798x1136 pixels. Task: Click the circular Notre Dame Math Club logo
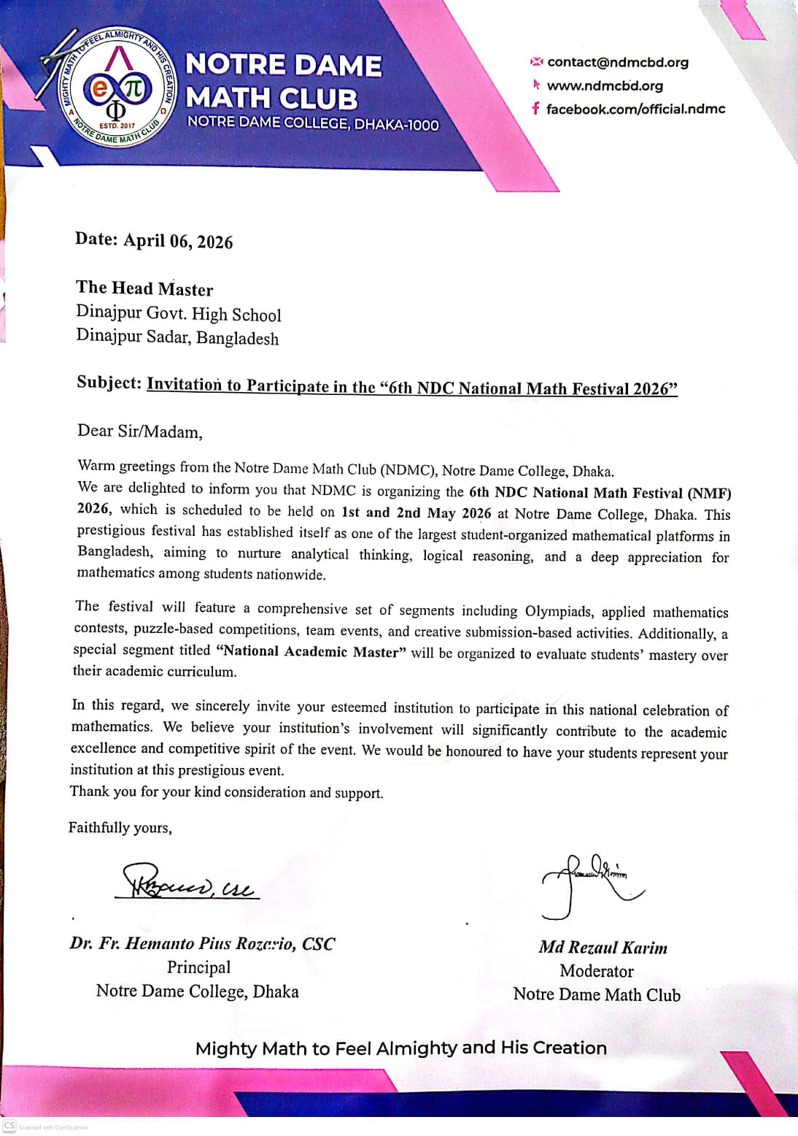tap(117, 88)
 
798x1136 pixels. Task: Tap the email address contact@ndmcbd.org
tap(617, 62)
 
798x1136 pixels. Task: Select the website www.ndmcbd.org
tap(605, 85)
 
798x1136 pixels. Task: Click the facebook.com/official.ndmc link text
tap(635, 109)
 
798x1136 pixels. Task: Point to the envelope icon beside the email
tap(537, 61)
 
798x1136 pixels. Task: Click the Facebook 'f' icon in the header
tap(535, 109)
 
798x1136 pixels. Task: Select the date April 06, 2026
tap(178, 241)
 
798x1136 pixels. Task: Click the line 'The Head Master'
tap(144, 288)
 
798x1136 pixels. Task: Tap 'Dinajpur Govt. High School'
tap(178, 314)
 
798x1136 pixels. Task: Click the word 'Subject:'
tap(109, 383)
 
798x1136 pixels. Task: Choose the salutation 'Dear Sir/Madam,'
tap(139, 431)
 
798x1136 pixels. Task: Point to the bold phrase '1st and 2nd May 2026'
tap(416, 513)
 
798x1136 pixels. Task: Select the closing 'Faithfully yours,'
tap(120, 827)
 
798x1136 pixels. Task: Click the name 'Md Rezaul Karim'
tap(603, 948)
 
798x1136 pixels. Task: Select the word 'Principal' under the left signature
tap(198, 967)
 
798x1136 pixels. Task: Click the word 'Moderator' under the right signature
tap(597, 971)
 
